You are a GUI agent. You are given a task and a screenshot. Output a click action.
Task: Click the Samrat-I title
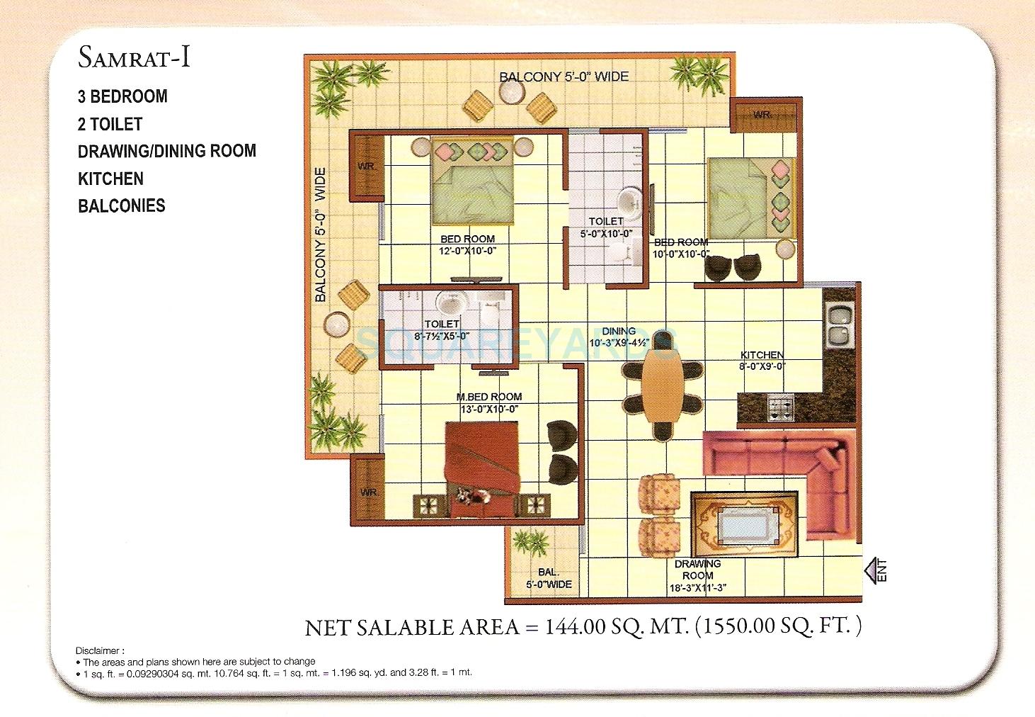click(x=134, y=57)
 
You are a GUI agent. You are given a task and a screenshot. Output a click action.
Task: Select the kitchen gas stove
click(x=782, y=407)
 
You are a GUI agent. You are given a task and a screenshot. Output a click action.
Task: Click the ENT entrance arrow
click(x=875, y=570)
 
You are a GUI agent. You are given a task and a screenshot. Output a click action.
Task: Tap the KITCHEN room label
click(x=762, y=355)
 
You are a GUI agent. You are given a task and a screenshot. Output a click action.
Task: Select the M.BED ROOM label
click(x=489, y=397)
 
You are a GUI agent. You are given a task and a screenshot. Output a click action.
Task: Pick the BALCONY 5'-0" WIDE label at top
click(x=564, y=77)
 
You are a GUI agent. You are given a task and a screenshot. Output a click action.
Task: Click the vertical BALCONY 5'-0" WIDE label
click(x=321, y=235)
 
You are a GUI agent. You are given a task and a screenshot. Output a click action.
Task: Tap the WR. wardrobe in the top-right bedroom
click(x=762, y=115)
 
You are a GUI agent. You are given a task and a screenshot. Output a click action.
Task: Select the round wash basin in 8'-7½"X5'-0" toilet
click(x=449, y=304)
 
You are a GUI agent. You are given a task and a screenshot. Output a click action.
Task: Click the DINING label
click(x=618, y=331)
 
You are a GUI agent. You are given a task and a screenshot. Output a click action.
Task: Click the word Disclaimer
click(x=100, y=650)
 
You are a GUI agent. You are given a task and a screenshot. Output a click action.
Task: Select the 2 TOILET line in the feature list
click(x=110, y=124)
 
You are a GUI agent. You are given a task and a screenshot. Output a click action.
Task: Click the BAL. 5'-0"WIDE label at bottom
click(x=549, y=578)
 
